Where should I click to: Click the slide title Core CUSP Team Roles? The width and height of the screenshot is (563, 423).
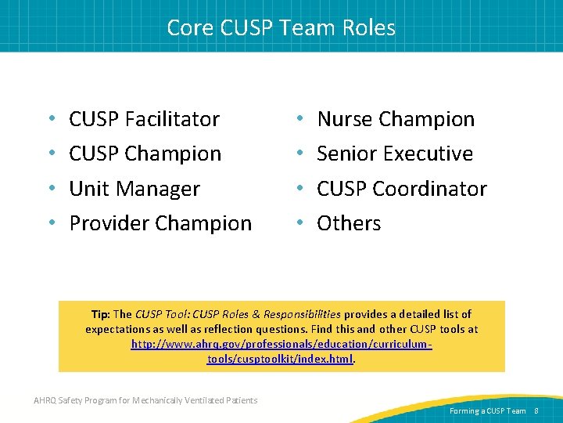(281, 28)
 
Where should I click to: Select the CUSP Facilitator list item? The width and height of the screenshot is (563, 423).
(144, 119)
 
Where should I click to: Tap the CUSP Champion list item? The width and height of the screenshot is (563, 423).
(145, 154)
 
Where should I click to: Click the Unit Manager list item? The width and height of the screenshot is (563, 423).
(134, 189)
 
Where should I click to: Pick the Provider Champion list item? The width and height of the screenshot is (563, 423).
(160, 223)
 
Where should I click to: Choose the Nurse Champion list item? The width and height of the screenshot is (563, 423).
(396, 119)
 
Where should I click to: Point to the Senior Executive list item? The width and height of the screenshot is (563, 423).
(395, 154)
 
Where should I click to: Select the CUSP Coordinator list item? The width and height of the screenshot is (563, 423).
(401, 189)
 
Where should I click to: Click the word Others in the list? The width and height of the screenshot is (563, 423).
(349, 223)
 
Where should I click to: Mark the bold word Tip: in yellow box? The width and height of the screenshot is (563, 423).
(100, 314)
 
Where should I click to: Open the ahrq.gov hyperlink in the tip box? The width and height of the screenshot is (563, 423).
(281, 352)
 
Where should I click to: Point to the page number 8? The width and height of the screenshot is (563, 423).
(536, 410)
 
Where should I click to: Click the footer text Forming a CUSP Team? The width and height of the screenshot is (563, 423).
(488, 410)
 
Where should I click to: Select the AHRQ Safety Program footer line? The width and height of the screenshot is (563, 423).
(145, 400)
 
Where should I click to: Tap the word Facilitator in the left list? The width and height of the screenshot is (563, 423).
(172, 119)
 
